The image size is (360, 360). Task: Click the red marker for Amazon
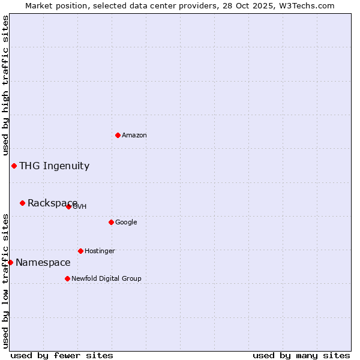click(118, 135)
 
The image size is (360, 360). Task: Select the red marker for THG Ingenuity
click(14, 166)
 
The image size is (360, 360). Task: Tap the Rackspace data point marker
click(22, 203)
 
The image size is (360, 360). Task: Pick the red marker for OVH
click(68, 206)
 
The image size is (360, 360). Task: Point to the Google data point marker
click(111, 222)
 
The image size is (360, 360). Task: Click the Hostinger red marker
click(80, 251)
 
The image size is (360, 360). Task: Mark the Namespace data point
click(10, 262)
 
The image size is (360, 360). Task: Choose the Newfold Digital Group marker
click(67, 278)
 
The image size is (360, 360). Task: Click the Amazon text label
click(134, 136)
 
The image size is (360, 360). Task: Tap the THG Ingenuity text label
click(54, 166)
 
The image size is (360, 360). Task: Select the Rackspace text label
click(52, 203)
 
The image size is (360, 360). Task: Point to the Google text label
click(126, 223)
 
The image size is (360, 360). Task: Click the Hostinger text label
click(100, 251)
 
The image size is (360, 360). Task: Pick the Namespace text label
click(43, 263)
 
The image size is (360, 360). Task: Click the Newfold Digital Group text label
click(106, 279)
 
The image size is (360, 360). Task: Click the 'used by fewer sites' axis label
click(62, 355)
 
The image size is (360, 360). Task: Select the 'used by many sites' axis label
click(301, 355)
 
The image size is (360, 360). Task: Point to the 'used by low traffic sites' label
click(5, 281)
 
